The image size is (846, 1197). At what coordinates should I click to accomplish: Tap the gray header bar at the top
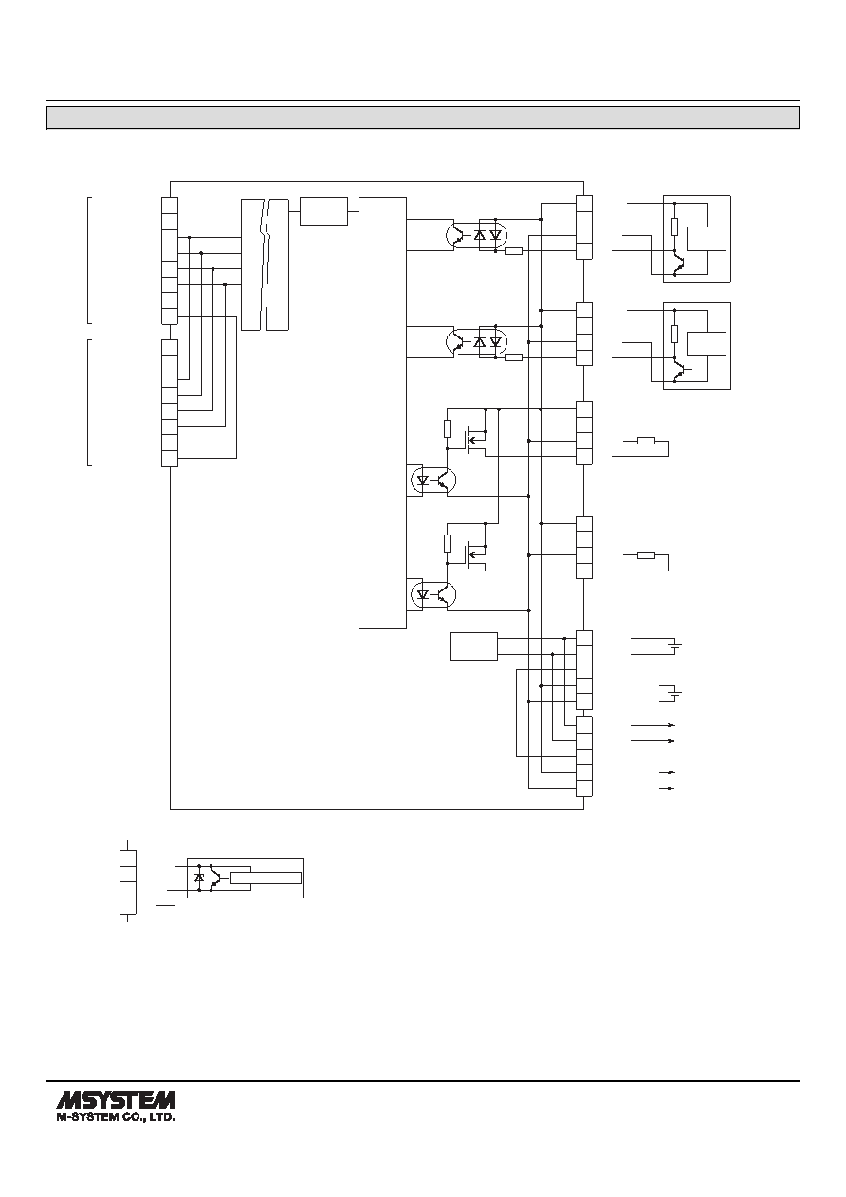coord(423,118)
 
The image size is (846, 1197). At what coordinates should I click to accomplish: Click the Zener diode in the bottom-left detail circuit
coord(199,878)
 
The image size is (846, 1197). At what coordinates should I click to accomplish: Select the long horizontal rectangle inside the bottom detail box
coord(266,878)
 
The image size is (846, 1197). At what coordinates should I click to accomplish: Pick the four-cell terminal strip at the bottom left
coord(128,881)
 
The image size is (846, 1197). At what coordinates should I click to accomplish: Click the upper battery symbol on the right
coord(676,646)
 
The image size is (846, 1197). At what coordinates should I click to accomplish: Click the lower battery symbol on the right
coord(676,694)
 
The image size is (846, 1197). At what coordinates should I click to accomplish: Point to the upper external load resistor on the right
coord(646,441)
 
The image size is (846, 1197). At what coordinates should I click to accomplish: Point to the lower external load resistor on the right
coord(646,555)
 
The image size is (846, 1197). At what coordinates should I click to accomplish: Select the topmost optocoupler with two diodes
coord(476,235)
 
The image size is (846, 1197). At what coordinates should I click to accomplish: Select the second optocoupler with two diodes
coord(476,341)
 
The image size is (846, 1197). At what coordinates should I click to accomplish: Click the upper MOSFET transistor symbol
coord(475,439)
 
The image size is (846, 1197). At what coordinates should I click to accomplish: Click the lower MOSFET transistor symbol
coord(475,553)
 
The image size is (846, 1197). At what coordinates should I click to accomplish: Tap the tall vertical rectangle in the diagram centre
coord(382,413)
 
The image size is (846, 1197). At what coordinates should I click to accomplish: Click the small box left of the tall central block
coord(323,211)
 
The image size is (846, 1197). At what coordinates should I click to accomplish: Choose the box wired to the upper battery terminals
coord(474,646)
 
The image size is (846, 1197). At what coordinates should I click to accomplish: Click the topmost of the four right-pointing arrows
coord(653,725)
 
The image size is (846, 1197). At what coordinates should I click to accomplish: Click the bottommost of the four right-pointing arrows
coord(667,789)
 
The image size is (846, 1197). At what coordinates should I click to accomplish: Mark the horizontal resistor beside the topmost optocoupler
coord(513,250)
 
